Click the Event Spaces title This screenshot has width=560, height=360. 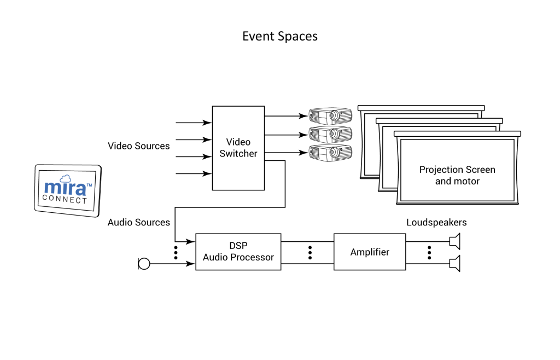tap(279, 37)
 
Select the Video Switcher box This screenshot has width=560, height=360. tap(238, 148)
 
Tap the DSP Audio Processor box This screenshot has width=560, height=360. tap(238, 252)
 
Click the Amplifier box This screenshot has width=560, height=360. tap(370, 252)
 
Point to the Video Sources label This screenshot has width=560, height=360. tap(138, 146)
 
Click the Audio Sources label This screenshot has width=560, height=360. tap(138, 222)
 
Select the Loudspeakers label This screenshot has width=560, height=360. tap(436, 222)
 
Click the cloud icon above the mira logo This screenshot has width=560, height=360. tap(66, 178)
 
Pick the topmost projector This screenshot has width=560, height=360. tap(330, 116)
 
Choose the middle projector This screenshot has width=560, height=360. tap(330, 134)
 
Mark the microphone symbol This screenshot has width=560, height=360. tap(144, 264)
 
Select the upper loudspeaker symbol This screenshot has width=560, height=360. tap(455, 241)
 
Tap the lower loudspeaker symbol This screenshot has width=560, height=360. tap(455, 264)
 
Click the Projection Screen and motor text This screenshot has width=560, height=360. tap(457, 175)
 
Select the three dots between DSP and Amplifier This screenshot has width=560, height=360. tap(310, 252)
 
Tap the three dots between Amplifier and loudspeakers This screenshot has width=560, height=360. tap(429, 252)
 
